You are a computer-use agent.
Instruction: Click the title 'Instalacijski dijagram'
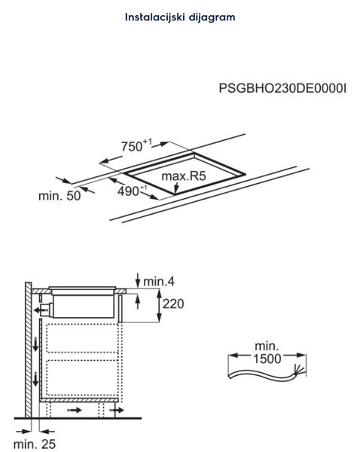[180, 17]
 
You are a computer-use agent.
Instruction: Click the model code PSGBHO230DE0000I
[282, 88]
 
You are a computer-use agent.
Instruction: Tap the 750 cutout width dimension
[136, 145]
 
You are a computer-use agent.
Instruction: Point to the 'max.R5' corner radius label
[184, 176]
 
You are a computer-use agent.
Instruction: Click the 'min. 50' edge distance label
[59, 196]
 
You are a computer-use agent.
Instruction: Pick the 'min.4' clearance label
[159, 281]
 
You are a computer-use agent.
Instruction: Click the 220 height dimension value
[173, 304]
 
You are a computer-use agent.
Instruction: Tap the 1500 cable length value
[267, 359]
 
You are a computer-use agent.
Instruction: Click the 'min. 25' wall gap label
[35, 444]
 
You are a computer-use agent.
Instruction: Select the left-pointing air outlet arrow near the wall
[41, 310]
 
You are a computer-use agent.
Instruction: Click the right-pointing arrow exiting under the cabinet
[117, 410]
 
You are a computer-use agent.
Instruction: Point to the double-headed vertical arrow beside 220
[159, 306]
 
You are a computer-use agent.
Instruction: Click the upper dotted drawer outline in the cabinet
[82, 337]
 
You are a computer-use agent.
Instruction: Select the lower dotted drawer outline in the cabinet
[82, 377]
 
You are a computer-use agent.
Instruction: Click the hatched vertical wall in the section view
[29, 350]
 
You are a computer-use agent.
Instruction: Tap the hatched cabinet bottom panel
[78, 400]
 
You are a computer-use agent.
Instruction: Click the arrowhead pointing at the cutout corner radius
[176, 191]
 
